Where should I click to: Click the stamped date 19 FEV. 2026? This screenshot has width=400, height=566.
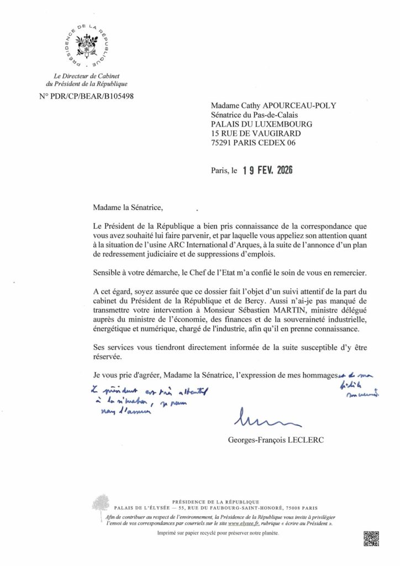[267, 171]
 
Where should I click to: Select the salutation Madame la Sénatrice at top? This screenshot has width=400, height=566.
[127, 208]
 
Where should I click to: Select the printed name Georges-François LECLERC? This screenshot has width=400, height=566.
[270, 440]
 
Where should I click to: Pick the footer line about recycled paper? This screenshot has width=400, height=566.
[219, 533]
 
